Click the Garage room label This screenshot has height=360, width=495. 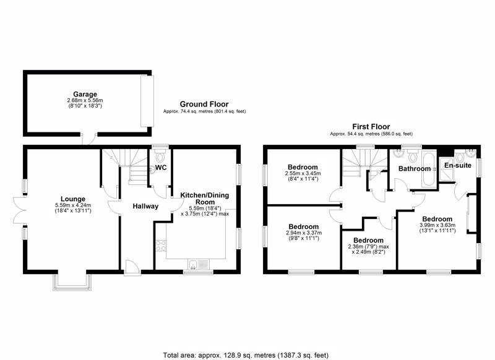click(85, 94)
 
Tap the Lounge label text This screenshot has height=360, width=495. click(73, 199)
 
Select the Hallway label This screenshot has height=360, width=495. click(145, 207)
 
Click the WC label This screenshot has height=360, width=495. click(161, 168)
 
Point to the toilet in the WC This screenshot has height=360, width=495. click(160, 155)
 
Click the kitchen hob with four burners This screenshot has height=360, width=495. click(161, 246)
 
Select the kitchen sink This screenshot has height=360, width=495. click(199, 264)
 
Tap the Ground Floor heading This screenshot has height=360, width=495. click(204, 104)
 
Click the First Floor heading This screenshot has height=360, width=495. click(371, 127)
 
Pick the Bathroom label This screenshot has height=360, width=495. click(415, 169)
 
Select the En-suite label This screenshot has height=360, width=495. click(458, 165)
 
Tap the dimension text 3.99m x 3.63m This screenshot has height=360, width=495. click(437, 225)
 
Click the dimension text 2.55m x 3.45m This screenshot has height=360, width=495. click(303, 174)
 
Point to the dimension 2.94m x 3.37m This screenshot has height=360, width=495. click(304, 233)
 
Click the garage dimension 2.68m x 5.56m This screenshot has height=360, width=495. click(85, 100)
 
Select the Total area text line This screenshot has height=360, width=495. click(246, 355)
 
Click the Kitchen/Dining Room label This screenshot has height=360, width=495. click(205, 199)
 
